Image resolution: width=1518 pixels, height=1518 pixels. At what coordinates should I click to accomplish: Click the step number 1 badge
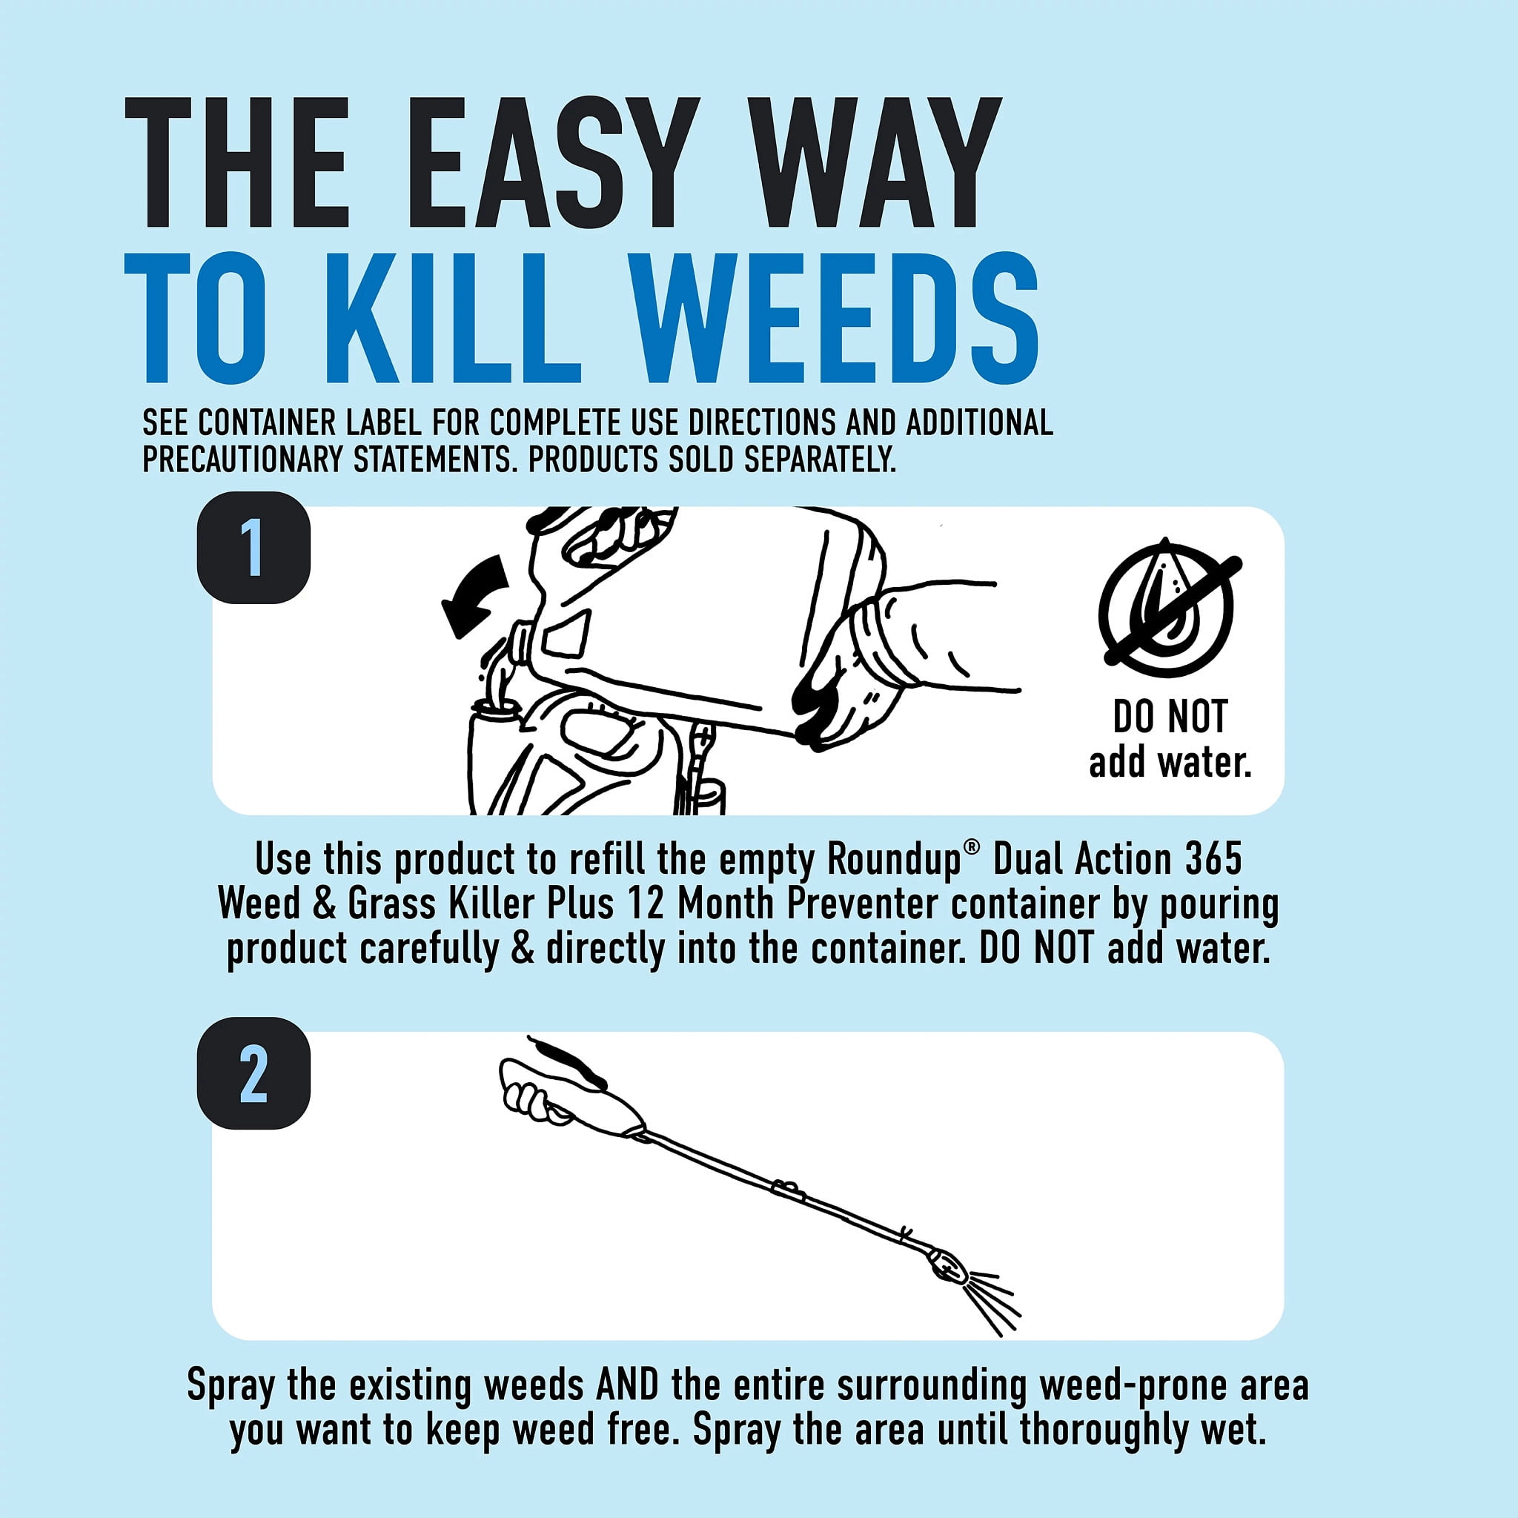pos(253,548)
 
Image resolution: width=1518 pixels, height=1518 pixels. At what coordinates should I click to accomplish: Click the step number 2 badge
pos(253,1073)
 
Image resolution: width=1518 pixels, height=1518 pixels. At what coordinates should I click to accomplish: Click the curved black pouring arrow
pos(474,594)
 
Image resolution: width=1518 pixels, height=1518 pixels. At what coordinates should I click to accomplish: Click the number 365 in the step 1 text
pos(1213,858)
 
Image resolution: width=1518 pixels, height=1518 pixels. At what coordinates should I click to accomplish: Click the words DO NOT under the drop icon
pos(1170,717)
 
